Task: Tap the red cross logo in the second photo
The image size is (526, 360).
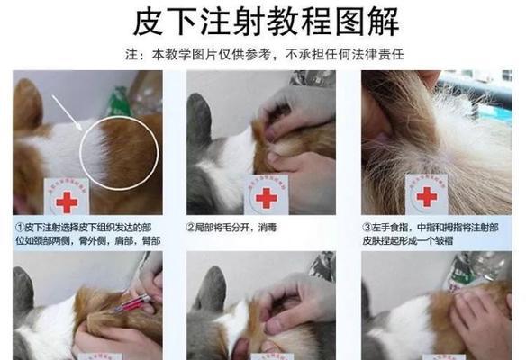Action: [265, 198]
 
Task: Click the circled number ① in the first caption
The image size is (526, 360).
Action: [20, 227]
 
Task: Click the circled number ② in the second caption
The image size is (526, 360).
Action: [191, 227]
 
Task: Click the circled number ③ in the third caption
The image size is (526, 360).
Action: [366, 227]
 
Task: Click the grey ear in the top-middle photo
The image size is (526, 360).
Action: [199, 117]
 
